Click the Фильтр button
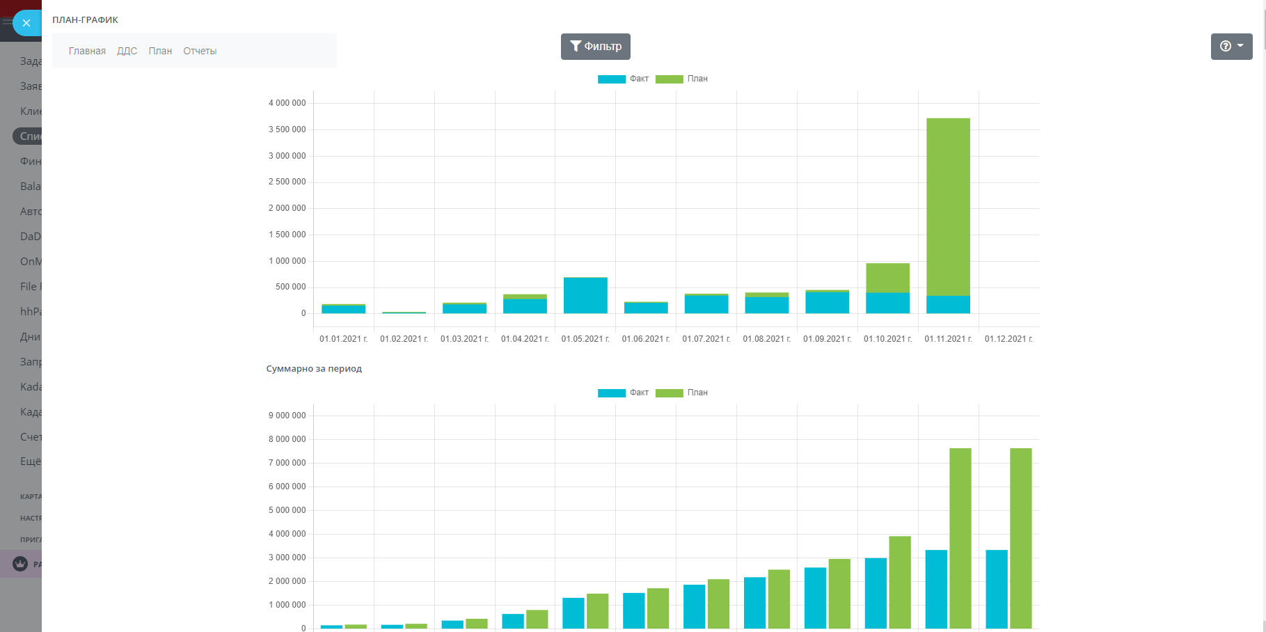tap(595, 47)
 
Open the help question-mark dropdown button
tap(1231, 47)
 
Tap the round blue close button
tap(26, 23)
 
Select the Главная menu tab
tap(87, 51)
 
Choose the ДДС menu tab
tap(127, 51)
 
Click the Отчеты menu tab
tap(200, 51)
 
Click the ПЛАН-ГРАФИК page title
tap(85, 19)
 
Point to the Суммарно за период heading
tap(314, 368)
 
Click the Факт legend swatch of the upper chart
tap(611, 79)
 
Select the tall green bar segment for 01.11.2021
tap(948, 207)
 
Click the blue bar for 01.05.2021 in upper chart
tap(585, 296)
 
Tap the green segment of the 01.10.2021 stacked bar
tap(887, 278)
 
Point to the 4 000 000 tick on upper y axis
tap(287, 103)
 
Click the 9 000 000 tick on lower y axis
tap(287, 416)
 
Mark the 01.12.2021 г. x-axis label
tap(1008, 339)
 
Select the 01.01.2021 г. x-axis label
tap(343, 339)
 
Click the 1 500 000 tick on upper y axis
tap(287, 235)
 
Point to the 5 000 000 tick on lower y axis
tap(287, 510)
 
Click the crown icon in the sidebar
tap(20, 564)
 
